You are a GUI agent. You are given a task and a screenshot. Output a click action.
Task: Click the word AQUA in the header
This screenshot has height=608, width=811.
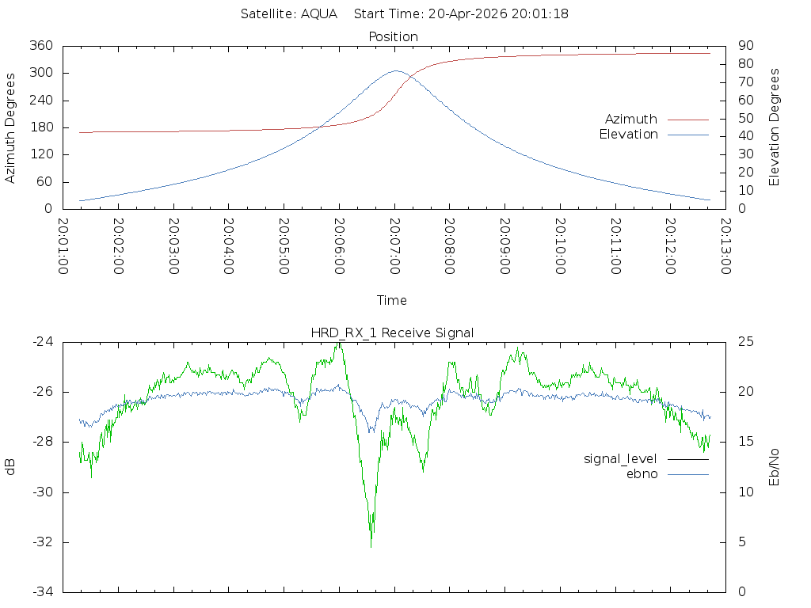tap(319, 14)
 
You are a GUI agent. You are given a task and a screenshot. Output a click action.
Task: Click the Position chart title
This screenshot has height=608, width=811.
tap(393, 36)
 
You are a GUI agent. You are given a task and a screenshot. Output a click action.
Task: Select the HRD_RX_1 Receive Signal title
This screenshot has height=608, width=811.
tap(392, 333)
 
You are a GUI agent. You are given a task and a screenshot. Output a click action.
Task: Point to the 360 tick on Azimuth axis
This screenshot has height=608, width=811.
tap(41, 45)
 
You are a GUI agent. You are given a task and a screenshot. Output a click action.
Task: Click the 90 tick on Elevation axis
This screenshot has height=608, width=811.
tap(746, 45)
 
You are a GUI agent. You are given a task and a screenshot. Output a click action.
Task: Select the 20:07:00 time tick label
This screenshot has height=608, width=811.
tap(394, 246)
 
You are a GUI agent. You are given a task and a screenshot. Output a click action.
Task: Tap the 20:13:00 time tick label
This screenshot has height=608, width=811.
tap(725, 246)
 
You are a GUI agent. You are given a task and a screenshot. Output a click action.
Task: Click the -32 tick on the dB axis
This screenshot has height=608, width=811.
tap(43, 542)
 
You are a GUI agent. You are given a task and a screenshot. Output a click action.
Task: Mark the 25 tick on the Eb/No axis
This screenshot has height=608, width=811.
tap(746, 342)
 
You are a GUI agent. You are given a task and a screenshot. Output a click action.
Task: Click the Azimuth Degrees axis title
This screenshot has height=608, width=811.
tap(10, 128)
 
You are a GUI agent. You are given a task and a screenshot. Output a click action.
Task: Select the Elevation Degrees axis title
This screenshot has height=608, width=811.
tap(774, 127)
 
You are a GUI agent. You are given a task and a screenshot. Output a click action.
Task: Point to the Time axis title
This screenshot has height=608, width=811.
tap(391, 300)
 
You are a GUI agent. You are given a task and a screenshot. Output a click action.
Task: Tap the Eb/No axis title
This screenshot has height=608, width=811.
tap(774, 467)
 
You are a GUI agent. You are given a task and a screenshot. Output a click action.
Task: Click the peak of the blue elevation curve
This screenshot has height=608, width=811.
tap(396, 70)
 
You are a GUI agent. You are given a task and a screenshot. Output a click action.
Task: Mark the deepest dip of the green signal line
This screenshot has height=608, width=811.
tap(371, 546)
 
